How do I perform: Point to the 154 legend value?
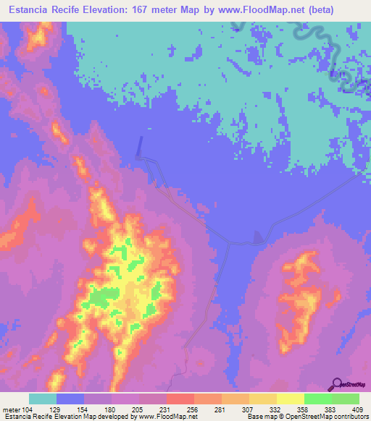[x=84, y=409]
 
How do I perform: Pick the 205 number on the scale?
[x=139, y=409]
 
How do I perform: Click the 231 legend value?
[x=167, y=409]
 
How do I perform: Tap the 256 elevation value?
[x=194, y=409]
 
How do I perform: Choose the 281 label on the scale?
[x=222, y=409]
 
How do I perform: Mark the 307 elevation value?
[x=249, y=409]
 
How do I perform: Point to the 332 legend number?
[x=277, y=409]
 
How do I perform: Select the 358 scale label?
[x=304, y=409]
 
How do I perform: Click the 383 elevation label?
[x=332, y=409]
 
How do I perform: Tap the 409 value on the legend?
[x=358, y=409]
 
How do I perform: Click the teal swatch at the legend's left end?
[x=42, y=399]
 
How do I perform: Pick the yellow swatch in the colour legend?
[x=290, y=399]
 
